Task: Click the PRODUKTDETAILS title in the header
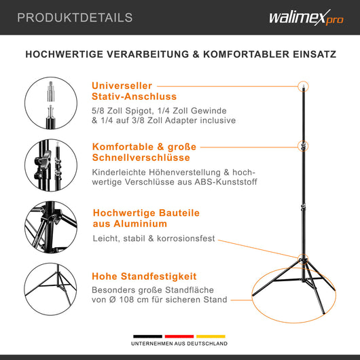[x=75, y=18]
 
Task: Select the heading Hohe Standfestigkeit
[x=144, y=276]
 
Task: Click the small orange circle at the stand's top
[x=303, y=86]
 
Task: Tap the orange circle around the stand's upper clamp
[x=304, y=146]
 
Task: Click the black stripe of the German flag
[x=147, y=336]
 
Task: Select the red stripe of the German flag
[x=179, y=336]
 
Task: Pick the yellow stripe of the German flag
[x=211, y=336]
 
